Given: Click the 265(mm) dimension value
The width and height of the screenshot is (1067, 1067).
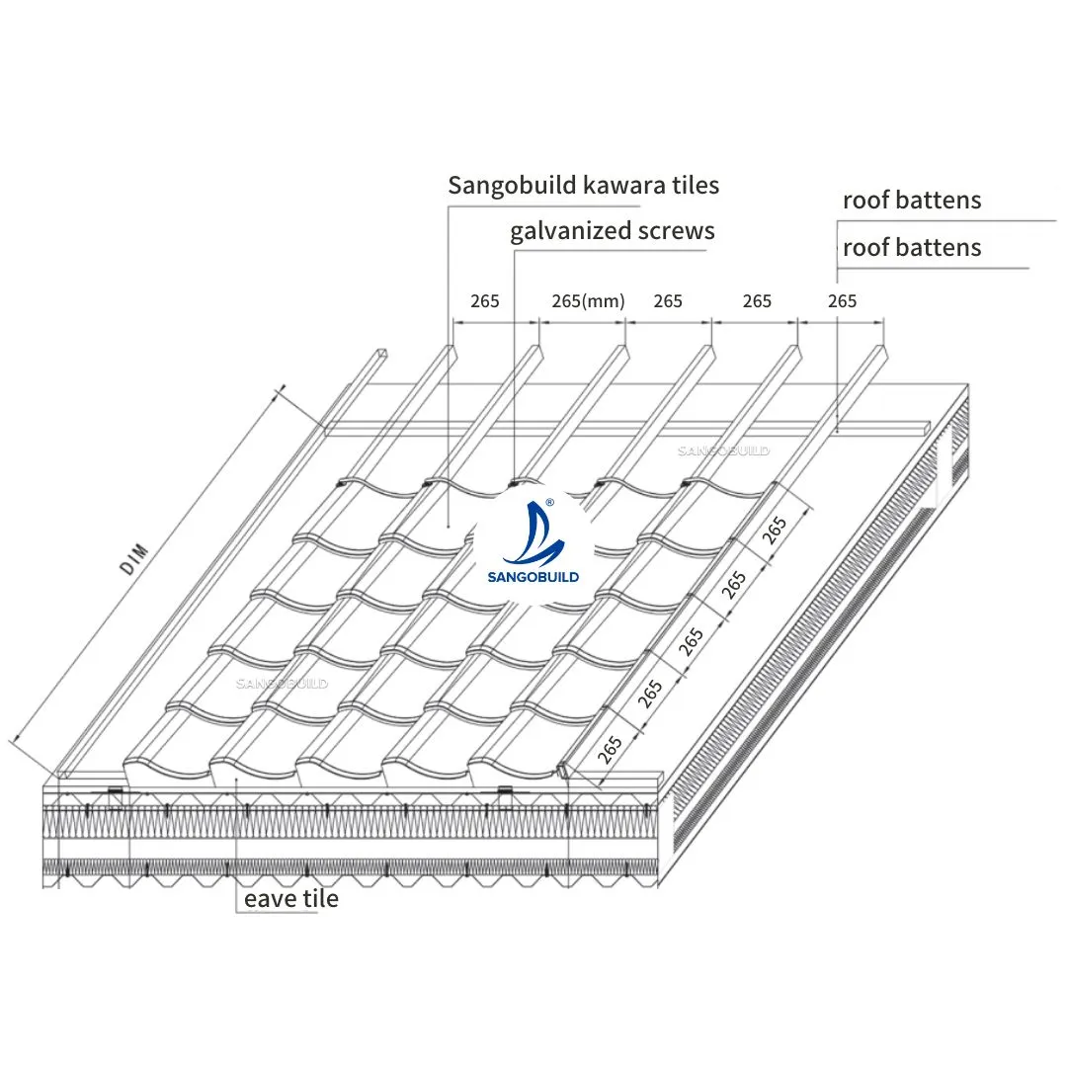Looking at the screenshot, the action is click(x=588, y=300).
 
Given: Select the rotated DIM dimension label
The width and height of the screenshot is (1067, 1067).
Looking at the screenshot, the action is click(x=134, y=559).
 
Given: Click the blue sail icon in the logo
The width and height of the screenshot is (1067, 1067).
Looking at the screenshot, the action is click(x=536, y=533).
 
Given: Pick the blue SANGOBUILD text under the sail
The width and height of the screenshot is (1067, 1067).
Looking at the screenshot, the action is click(x=533, y=577).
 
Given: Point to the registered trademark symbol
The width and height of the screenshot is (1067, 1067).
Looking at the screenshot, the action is click(x=550, y=502).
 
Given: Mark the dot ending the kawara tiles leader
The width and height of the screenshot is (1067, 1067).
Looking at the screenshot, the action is click(x=449, y=526).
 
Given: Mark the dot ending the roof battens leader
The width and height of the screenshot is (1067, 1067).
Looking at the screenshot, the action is click(x=837, y=431).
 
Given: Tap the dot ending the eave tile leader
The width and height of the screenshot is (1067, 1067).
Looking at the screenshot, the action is click(x=236, y=780).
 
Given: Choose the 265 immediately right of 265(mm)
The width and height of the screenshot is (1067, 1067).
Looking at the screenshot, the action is click(x=668, y=300).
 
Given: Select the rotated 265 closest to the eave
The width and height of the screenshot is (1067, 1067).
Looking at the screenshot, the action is click(x=610, y=749).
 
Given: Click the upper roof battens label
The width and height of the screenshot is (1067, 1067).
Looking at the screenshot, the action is click(x=912, y=200).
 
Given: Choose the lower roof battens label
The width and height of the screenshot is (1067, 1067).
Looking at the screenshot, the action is click(x=912, y=248).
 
